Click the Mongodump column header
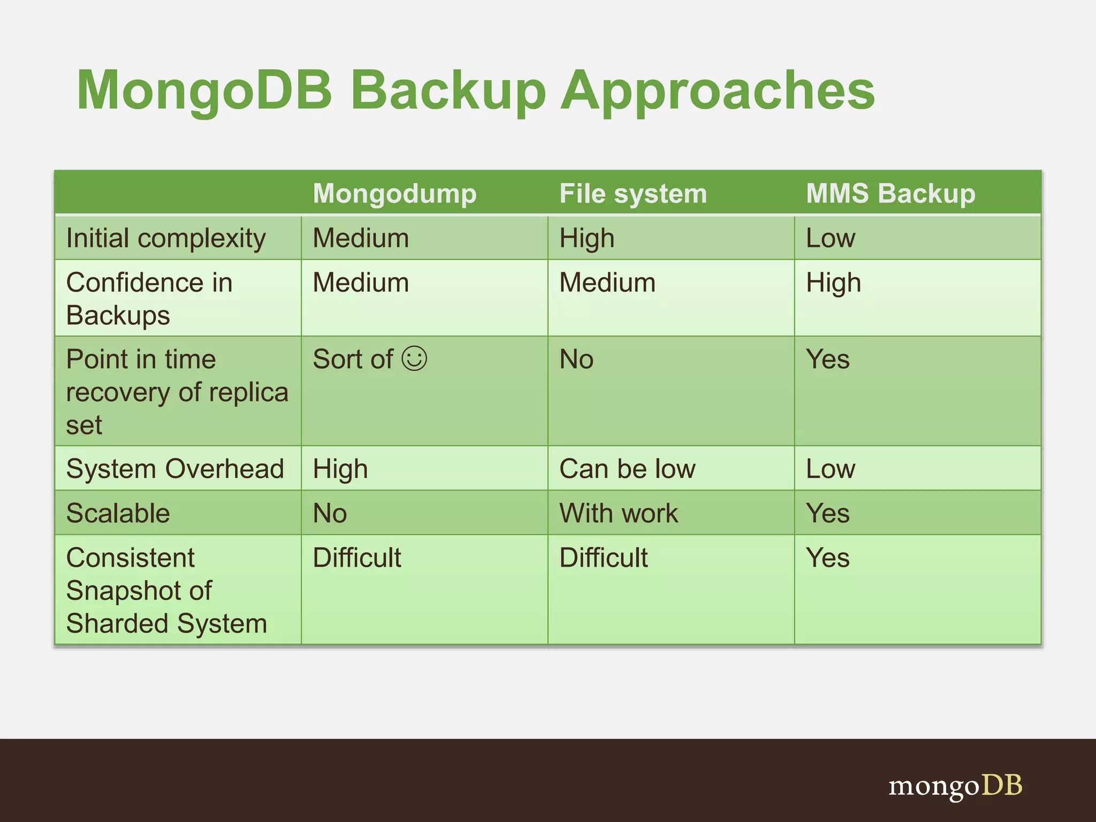coord(394,194)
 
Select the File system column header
coord(633,194)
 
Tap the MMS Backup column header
coord(890,194)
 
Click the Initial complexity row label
coord(166,239)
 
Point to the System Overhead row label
coord(175,469)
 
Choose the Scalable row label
coord(118,513)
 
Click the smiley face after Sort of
coord(415,359)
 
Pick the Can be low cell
coord(627,469)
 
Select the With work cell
coord(619,513)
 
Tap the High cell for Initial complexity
coord(587,239)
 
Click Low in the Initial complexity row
coord(831,239)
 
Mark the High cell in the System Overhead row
coord(340,469)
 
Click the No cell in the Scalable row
coord(330,513)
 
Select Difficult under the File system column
coord(604,558)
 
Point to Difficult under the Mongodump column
coord(357,558)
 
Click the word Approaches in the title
coord(717,91)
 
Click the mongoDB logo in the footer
coord(955,786)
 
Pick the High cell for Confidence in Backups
coord(833,283)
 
